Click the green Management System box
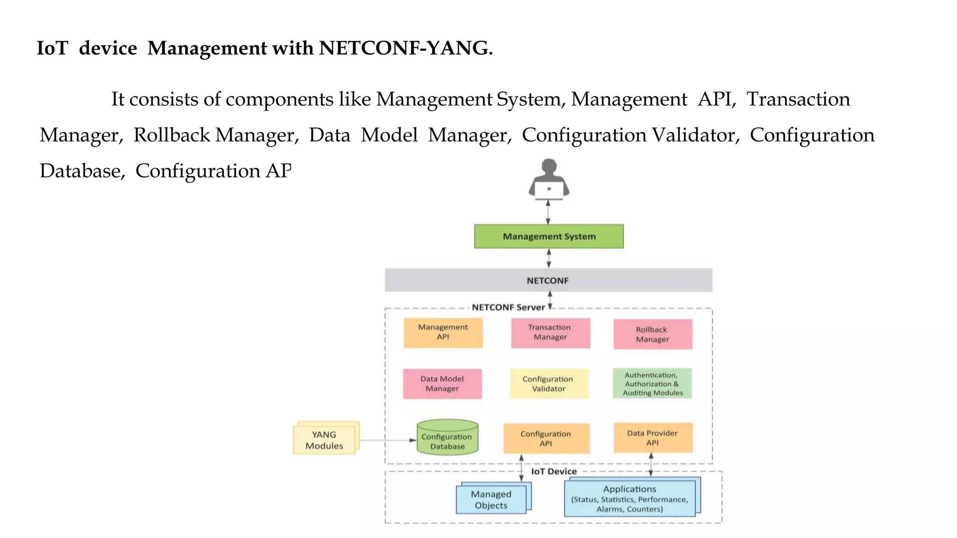[x=549, y=236]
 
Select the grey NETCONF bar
[x=548, y=280]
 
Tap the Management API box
[x=443, y=333]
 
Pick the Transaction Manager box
[x=550, y=333]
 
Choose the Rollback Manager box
[x=652, y=334]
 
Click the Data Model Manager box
[x=442, y=384]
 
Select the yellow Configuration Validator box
[x=549, y=384]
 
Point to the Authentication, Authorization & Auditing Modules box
[x=652, y=384]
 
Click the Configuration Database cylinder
[x=447, y=438]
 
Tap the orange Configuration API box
[x=546, y=439]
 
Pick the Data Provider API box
[x=652, y=438]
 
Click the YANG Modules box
[x=324, y=440]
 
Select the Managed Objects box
[x=491, y=500]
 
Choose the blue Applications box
[x=629, y=499]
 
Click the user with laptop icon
[x=549, y=180]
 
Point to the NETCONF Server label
[x=508, y=307]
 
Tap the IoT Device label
[x=554, y=471]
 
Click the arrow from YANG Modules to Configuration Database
[x=388, y=440]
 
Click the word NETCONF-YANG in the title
[x=405, y=48]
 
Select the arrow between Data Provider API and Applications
[x=651, y=465]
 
